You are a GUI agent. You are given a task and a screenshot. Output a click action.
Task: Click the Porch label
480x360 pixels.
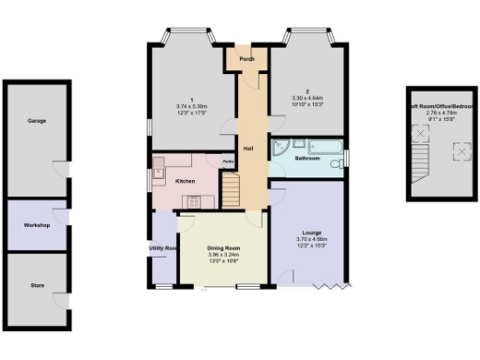247,59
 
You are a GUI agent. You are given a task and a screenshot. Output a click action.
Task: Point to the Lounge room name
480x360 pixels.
312,232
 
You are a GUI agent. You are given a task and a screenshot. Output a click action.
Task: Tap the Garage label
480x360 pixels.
37,121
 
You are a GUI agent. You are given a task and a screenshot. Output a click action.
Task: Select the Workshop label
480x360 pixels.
37,226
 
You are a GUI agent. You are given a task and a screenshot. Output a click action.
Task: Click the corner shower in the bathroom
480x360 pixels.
280,147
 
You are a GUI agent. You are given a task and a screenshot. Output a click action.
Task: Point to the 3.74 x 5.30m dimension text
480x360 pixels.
191,107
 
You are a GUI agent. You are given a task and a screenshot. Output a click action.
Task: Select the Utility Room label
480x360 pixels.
163,248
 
